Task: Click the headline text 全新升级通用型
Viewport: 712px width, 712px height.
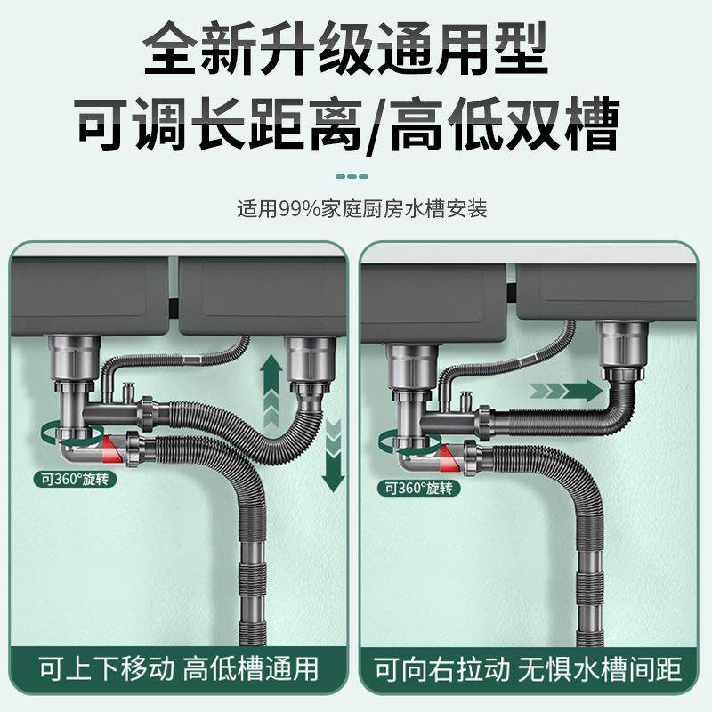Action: pos(356,52)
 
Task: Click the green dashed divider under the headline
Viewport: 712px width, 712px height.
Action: pos(355,175)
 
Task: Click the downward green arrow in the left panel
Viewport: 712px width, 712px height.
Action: pos(333,454)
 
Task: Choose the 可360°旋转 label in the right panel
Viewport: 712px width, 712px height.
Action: pos(418,487)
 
